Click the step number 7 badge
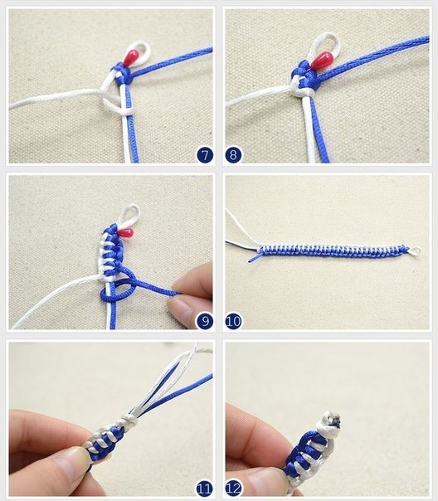[x=205, y=155]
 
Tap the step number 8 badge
[x=233, y=155]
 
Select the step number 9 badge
[x=205, y=321]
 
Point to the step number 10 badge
[x=233, y=321]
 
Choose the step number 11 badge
[x=205, y=489]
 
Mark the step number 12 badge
[x=233, y=489]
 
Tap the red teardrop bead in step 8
[x=322, y=61]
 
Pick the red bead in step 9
[x=127, y=232]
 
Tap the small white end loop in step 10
[x=416, y=252]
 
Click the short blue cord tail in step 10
[x=254, y=258]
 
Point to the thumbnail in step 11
[x=72, y=462]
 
